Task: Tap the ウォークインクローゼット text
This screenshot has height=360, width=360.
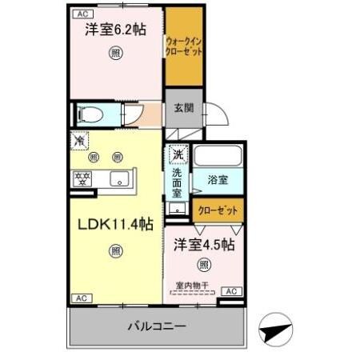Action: coord(183,45)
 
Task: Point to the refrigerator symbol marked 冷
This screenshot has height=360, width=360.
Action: coord(79,140)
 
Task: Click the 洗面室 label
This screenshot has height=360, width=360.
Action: coord(176,181)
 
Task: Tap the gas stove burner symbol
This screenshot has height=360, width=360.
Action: coord(82,178)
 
